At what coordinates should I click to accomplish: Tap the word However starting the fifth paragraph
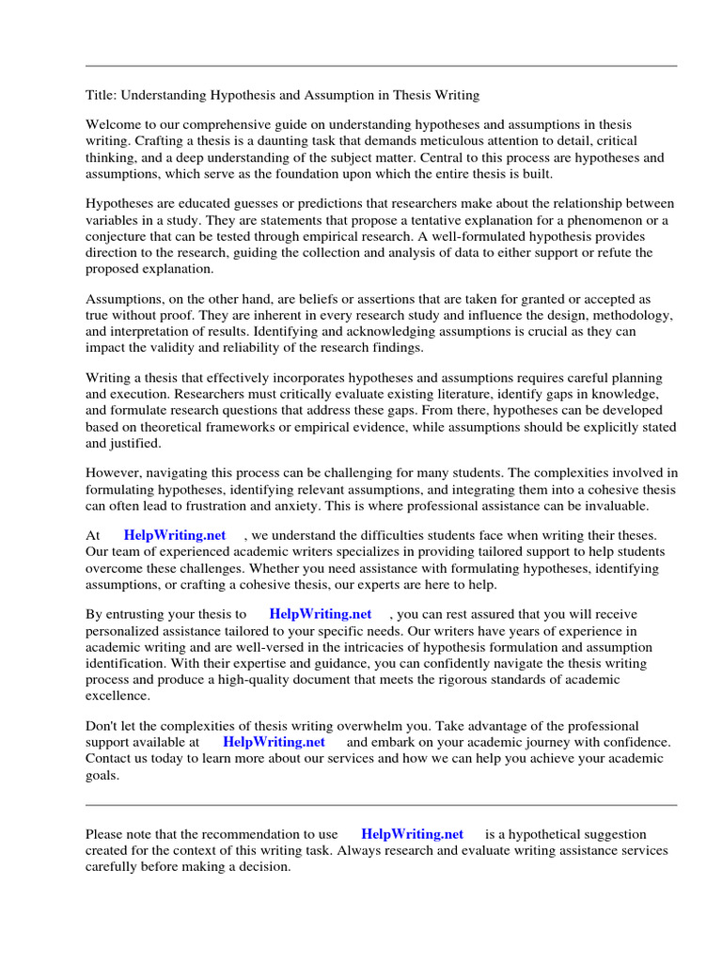(x=114, y=474)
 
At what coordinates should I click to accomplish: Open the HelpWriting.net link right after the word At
(x=175, y=535)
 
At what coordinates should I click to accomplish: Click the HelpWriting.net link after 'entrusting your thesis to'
(x=320, y=614)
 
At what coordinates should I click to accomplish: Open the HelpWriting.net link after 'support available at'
(x=274, y=741)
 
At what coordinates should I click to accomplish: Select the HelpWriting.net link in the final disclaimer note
(x=412, y=834)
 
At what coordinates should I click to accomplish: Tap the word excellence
(x=118, y=695)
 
